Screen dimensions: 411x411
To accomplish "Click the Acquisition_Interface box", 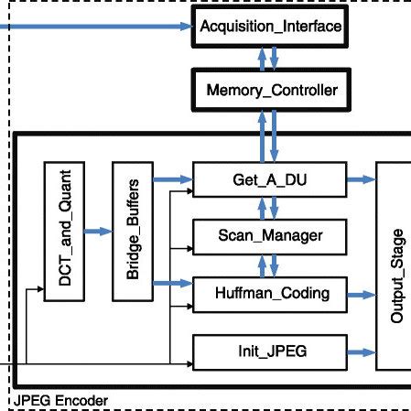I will [x=271, y=28].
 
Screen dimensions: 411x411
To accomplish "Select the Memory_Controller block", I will [x=271, y=92].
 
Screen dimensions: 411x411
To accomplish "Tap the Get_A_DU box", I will [x=271, y=178].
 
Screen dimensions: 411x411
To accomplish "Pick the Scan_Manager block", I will [x=271, y=236].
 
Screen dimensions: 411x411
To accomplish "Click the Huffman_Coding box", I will [x=271, y=294].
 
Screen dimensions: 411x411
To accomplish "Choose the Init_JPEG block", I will [x=271, y=351].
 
